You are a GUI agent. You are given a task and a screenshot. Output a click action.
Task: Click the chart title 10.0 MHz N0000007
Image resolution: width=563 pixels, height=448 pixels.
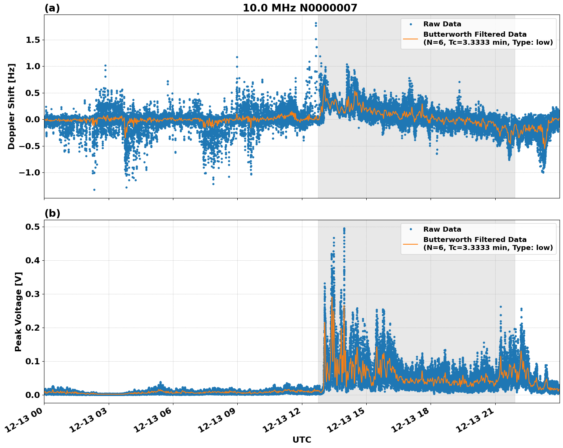point(300,8)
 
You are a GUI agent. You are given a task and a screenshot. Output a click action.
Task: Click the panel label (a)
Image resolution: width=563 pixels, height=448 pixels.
point(52,8)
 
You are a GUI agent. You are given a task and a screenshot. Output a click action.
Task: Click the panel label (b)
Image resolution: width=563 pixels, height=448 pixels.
point(52,213)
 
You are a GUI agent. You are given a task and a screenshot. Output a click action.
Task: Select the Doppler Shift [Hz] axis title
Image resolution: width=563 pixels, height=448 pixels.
point(12,106)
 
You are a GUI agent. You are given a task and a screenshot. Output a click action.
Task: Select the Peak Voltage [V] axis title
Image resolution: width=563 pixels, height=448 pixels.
point(18,312)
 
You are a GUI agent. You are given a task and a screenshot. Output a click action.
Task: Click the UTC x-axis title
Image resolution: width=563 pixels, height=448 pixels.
point(302,440)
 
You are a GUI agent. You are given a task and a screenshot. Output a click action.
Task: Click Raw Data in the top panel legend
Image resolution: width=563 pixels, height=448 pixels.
point(442,24)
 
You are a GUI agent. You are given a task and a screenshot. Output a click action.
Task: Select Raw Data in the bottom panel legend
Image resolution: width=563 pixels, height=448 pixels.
point(442,229)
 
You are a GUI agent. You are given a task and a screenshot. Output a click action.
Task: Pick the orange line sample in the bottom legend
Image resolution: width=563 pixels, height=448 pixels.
point(410,243)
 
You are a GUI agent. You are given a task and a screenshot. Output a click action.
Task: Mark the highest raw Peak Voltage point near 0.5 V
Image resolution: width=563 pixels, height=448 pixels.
point(344,229)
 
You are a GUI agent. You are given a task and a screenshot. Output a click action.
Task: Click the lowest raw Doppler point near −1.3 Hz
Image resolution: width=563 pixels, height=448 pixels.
point(94,190)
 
